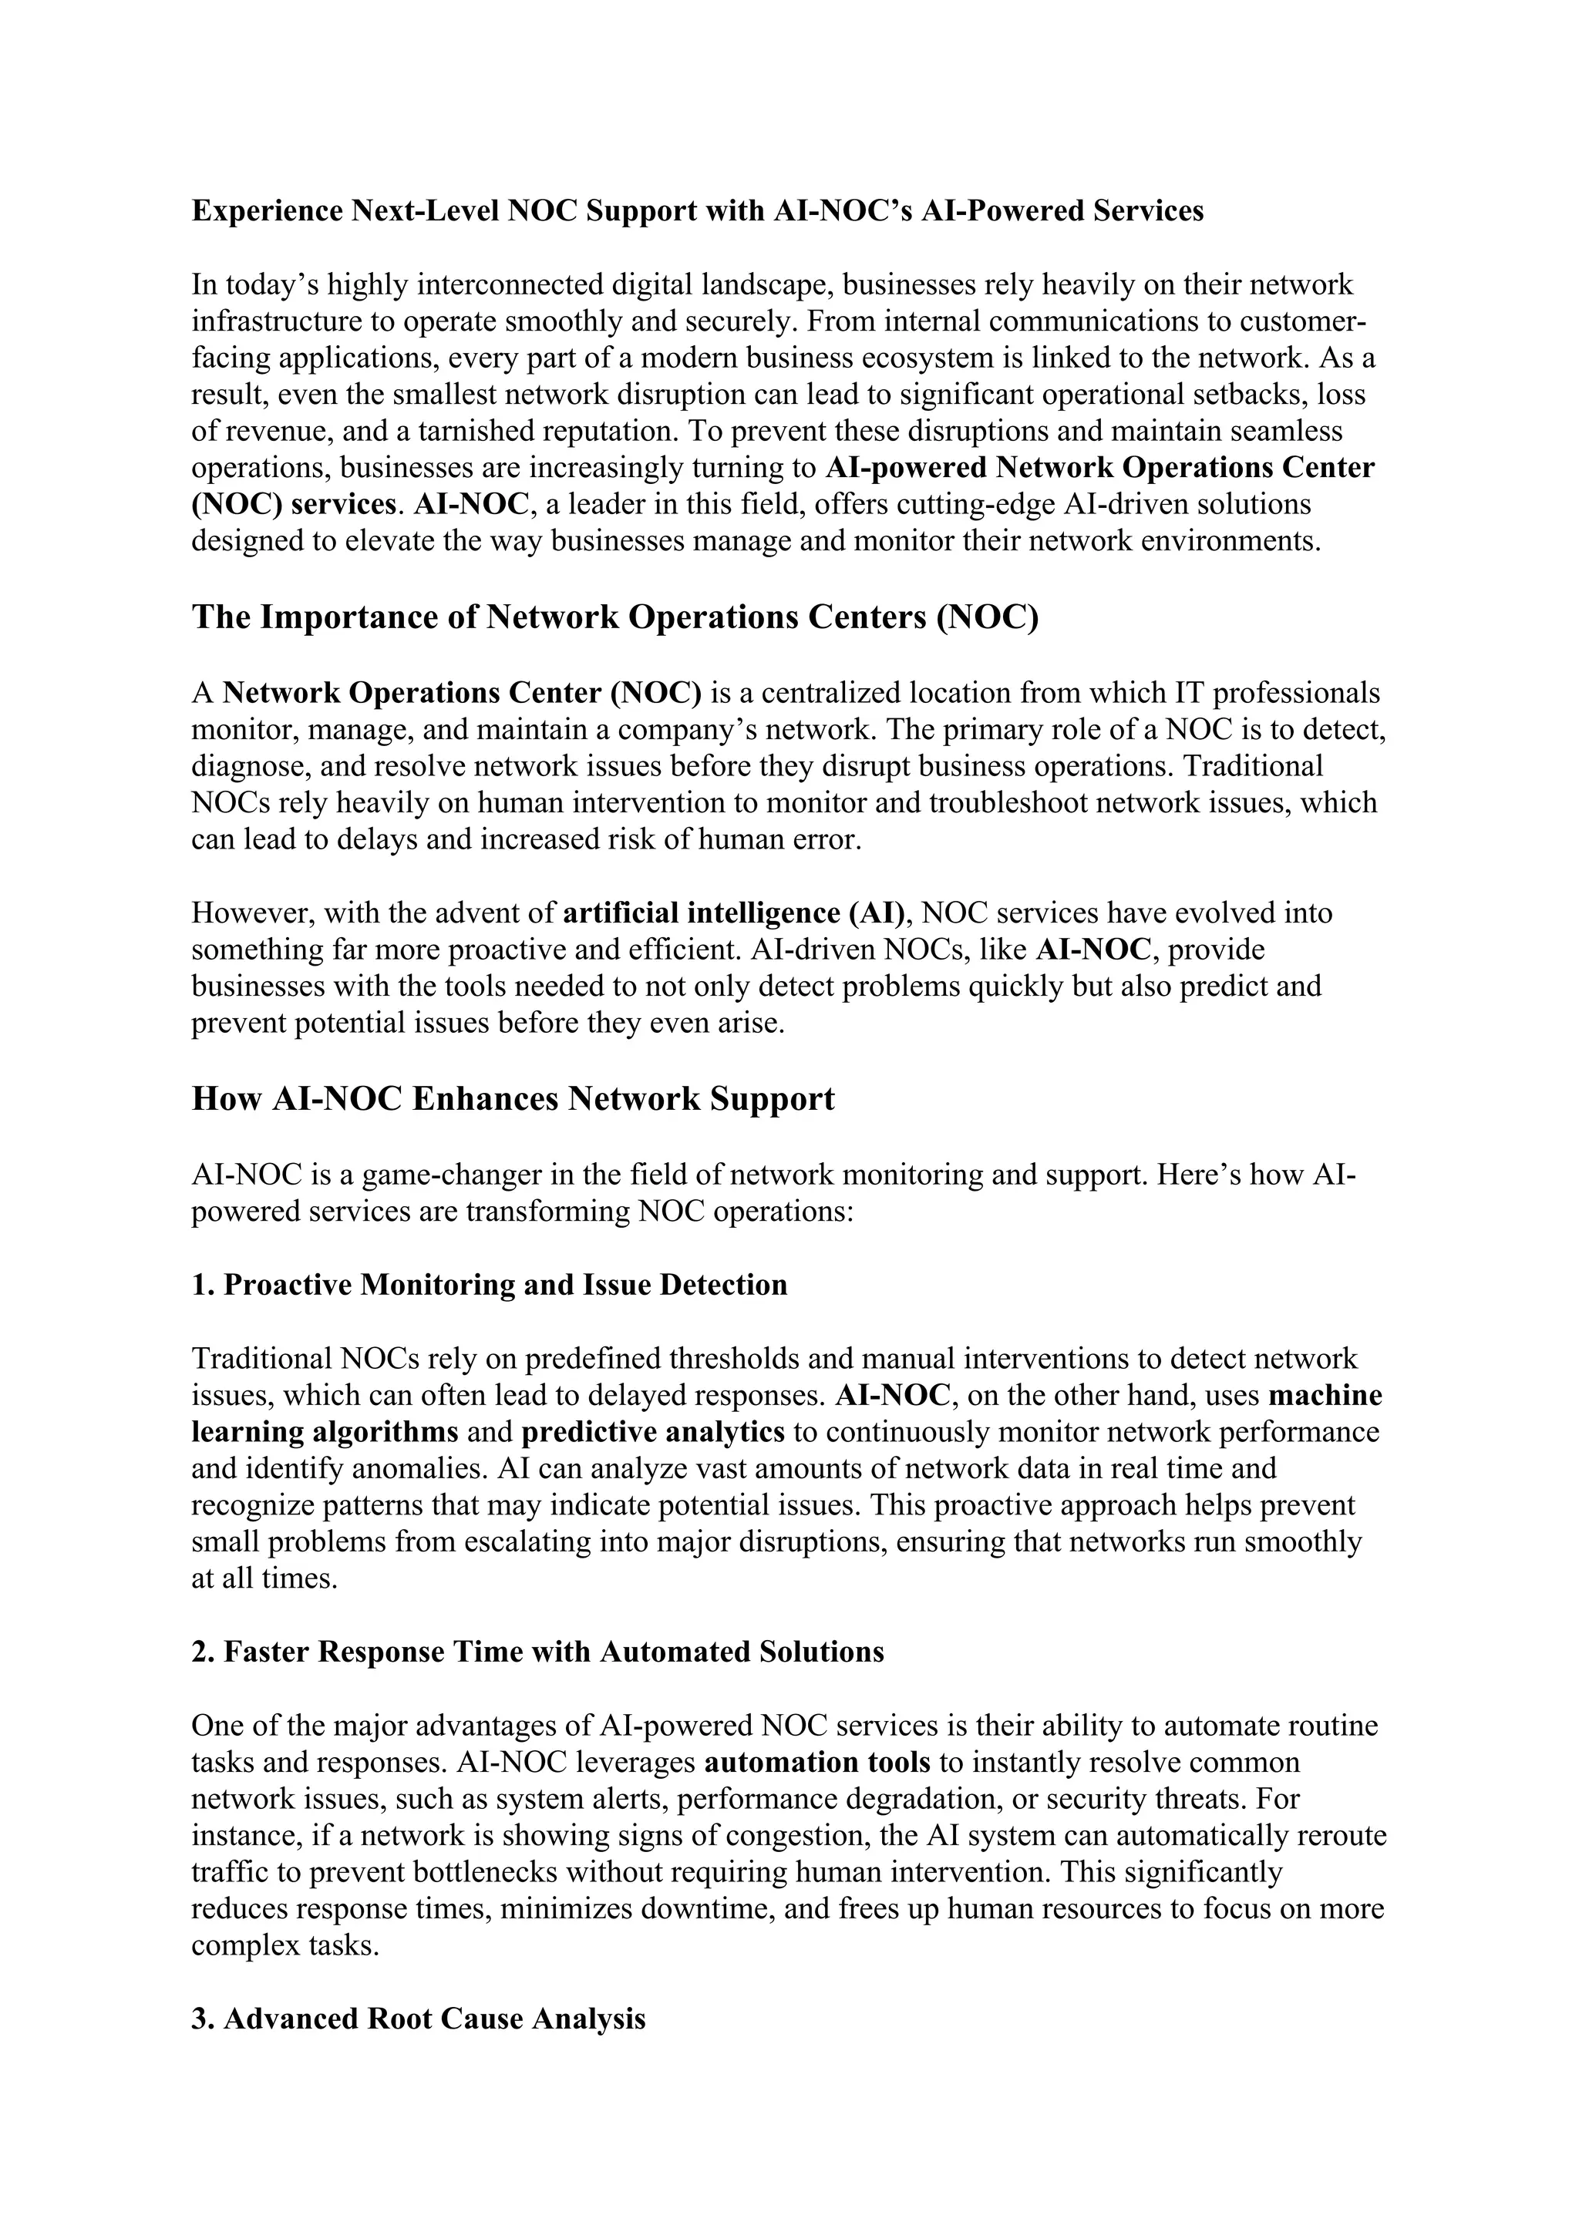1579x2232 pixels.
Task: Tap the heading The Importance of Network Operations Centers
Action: (614, 617)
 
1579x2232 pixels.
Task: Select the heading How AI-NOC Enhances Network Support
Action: (513, 1098)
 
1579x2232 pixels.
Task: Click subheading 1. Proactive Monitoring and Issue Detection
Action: (489, 1284)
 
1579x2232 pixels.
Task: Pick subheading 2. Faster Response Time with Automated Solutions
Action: (537, 1652)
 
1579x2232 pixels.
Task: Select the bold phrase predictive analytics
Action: (652, 1432)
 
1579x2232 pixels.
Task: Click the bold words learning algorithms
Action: (325, 1432)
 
